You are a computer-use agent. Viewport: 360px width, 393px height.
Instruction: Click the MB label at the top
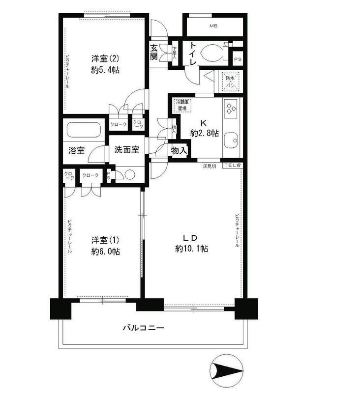coord(213,26)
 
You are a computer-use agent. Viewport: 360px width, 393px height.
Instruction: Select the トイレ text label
coord(190,54)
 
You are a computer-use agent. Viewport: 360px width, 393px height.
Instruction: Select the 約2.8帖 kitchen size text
coord(204,133)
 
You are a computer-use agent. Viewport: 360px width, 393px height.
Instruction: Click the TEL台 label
coord(232,166)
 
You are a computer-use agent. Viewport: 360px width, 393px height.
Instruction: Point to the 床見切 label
coord(210,166)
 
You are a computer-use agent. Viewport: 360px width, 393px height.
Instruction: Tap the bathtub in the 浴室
coord(84,131)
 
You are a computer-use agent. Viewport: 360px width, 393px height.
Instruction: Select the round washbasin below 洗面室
coord(129,175)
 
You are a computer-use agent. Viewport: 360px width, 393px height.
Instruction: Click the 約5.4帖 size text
coord(106,70)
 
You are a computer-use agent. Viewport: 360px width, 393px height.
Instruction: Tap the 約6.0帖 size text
coord(105,252)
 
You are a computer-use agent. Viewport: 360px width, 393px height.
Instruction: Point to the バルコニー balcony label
coord(143,327)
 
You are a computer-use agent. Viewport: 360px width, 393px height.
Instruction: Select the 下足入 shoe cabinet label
coord(175,53)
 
